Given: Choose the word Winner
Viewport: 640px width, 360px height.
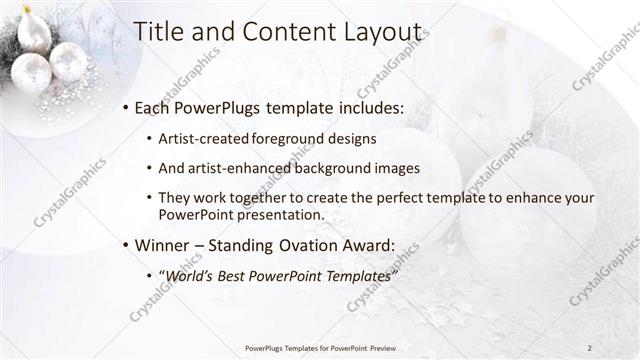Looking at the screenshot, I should (162, 245).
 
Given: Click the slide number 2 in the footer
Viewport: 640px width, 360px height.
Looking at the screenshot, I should (589, 348).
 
